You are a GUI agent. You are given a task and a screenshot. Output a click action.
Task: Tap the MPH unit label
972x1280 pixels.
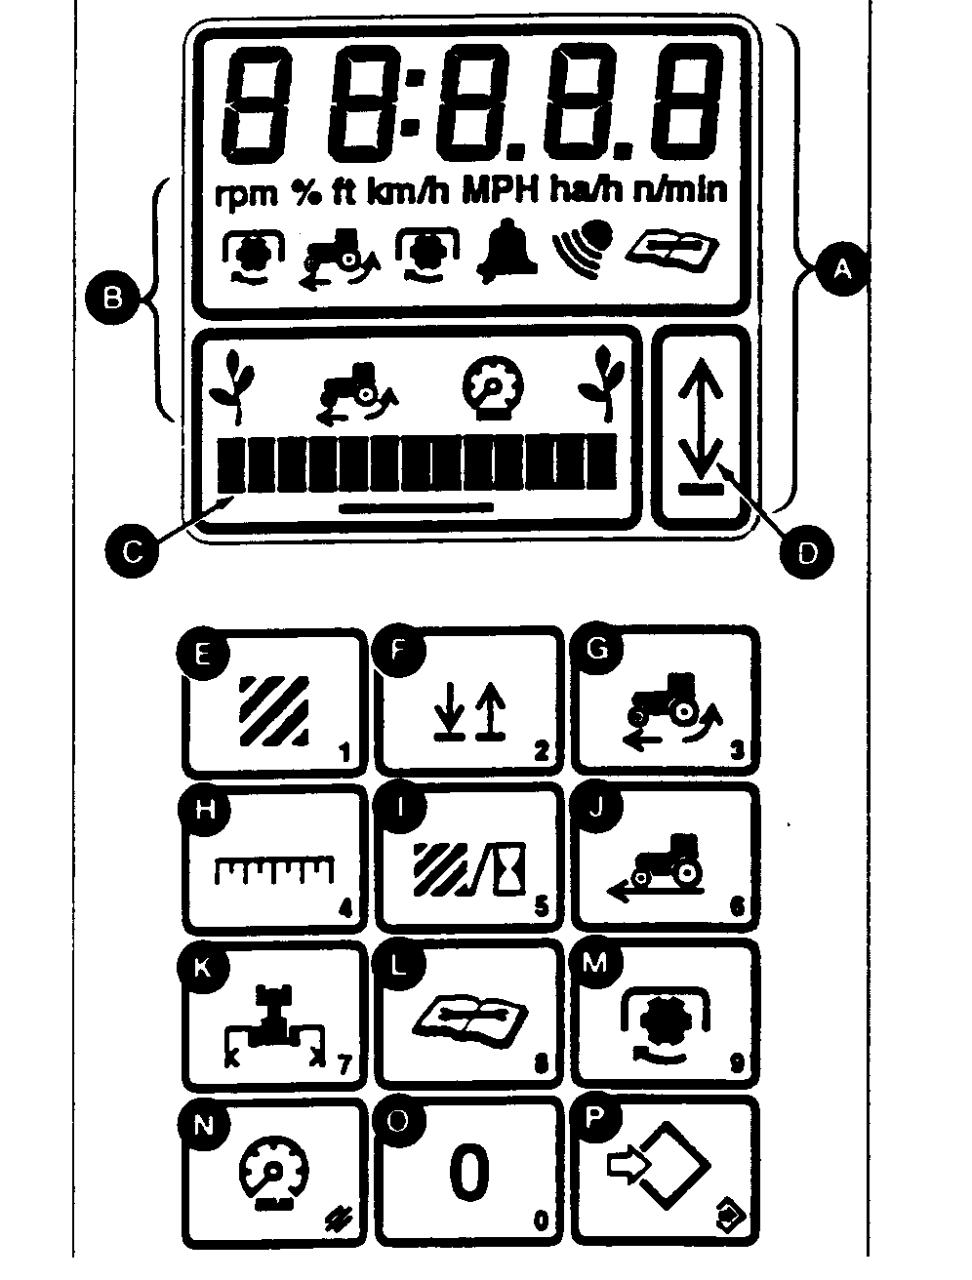500,189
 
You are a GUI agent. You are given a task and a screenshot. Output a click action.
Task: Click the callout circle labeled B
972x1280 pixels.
113,295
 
